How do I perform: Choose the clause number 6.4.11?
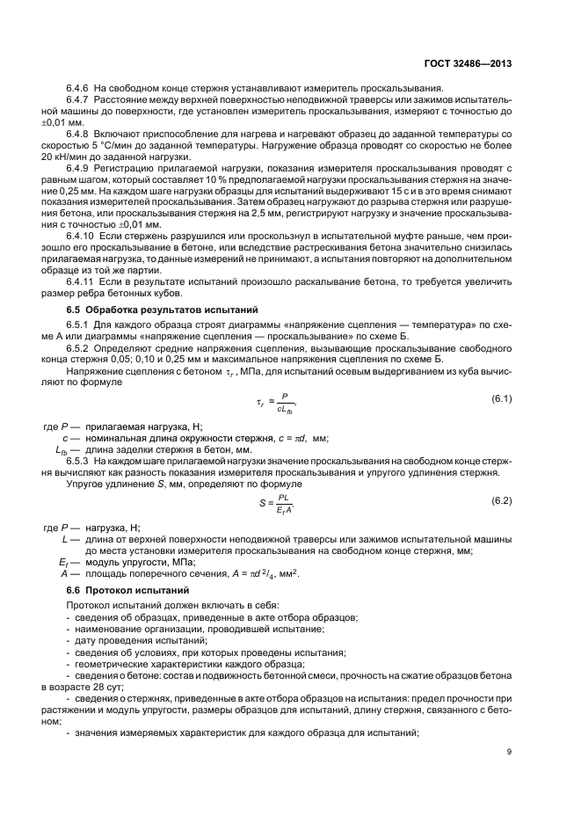click(x=82, y=282)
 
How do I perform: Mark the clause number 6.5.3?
click(x=80, y=460)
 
